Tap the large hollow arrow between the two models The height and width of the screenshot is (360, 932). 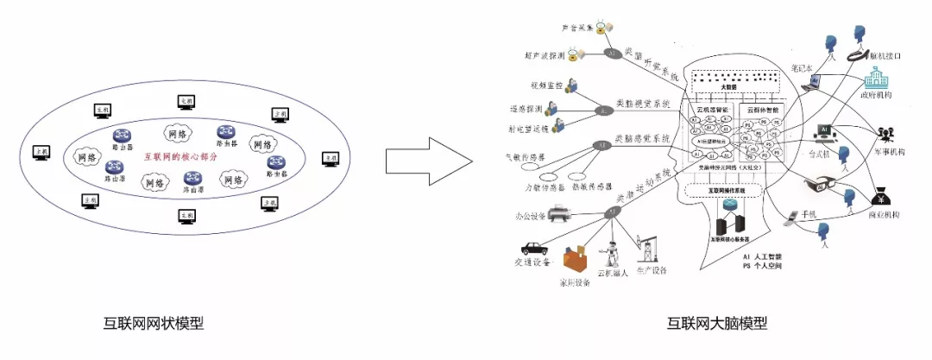click(x=428, y=161)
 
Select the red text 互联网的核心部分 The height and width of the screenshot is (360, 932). click(x=181, y=157)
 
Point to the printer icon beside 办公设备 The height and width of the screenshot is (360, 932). click(x=558, y=209)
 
